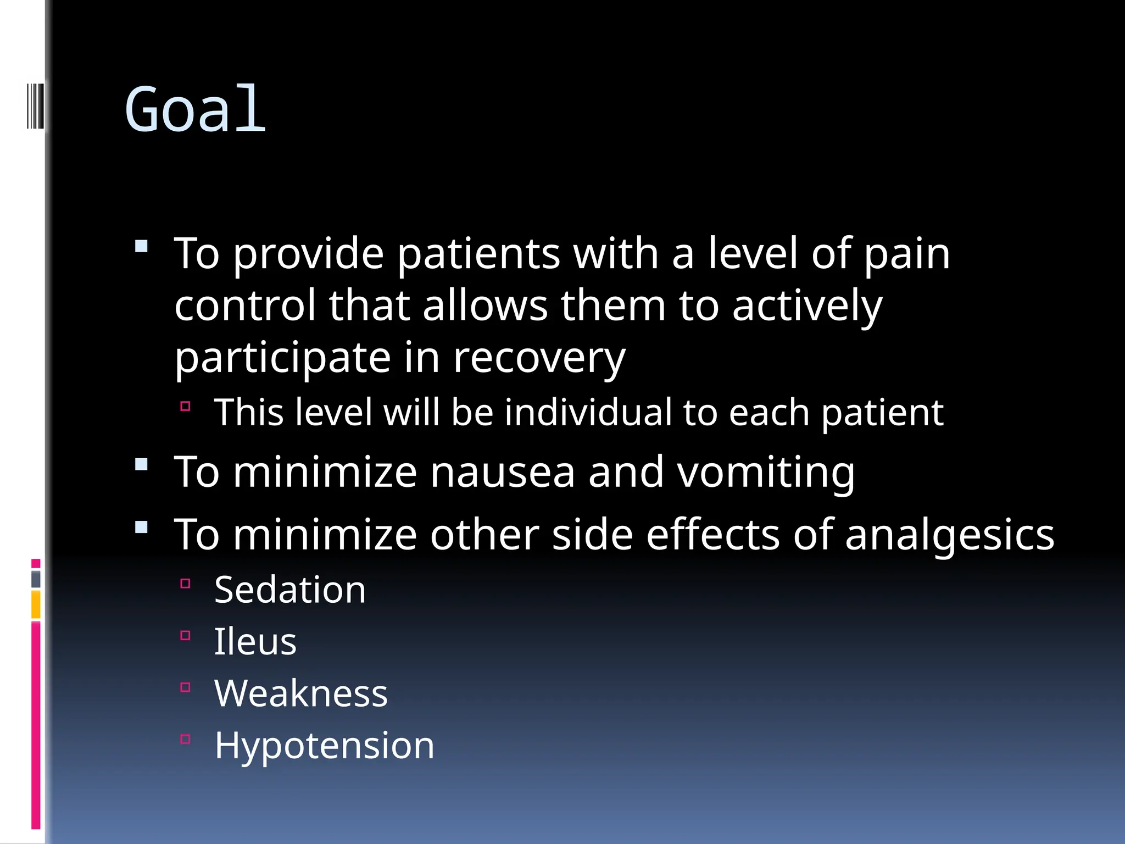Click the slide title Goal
(x=195, y=110)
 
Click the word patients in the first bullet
(x=478, y=254)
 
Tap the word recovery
(x=539, y=358)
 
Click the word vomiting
(x=766, y=473)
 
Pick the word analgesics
(x=949, y=535)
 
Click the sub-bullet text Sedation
(x=289, y=590)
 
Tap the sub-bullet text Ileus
(x=255, y=642)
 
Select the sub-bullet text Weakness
(x=300, y=693)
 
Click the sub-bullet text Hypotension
(x=324, y=746)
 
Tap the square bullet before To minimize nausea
(x=142, y=465)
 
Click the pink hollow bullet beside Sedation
(x=185, y=584)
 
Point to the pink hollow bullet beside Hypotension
(x=185, y=739)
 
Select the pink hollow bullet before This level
(x=185, y=406)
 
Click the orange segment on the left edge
(x=36, y=604)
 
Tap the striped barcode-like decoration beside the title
(x=35, y=105)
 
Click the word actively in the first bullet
(x=807, y=306)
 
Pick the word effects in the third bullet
(x=712, y=535)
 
